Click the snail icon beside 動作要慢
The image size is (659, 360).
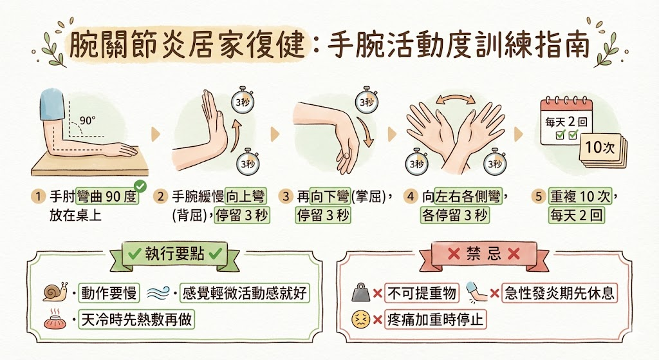(x=54, y=293)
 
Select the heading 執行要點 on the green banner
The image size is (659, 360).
(x=175, y=254)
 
